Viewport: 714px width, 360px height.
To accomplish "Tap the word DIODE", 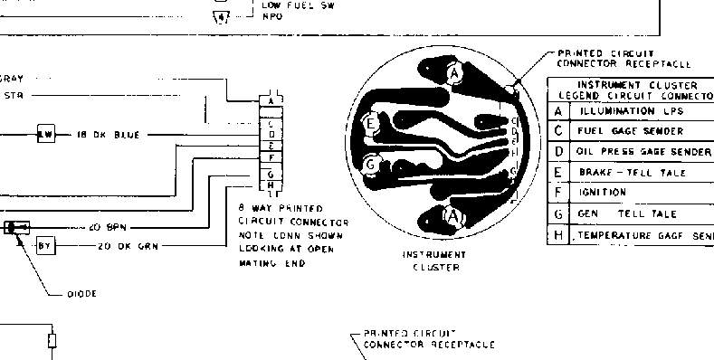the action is pyautogui.click(x=83, y=294).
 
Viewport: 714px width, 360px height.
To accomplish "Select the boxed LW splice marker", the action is pyautogui.click(x=46, y=135).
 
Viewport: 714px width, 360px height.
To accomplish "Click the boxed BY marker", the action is pyautogui.click(x=45, y=245).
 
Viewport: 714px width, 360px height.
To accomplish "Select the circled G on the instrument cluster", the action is pyautogui.click(x=369, y=165).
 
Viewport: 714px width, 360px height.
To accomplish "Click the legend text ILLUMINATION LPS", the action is pyautogui.click(x=630, y=111).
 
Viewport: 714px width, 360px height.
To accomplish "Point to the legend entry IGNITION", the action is pyautogui.click(x=603, y=193).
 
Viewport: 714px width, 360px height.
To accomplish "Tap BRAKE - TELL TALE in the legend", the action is pyautogui.click(x=633, y=172).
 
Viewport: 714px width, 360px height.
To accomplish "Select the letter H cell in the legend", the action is pyautogui.click(x=558, y=235).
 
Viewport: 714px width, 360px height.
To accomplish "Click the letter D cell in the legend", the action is pyautogui.click(x=558, y=151).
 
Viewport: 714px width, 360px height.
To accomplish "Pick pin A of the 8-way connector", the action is pyautogui.click(x=271, y=101).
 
